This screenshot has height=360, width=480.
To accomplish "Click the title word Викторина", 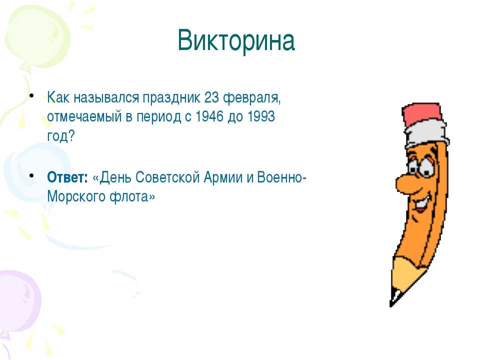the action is (x=236, y=40).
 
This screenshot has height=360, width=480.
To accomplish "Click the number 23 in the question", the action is (x=211, y=97).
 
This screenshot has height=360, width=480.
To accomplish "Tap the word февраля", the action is (x=251, y=98).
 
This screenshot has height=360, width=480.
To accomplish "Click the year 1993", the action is (x=261, y=116).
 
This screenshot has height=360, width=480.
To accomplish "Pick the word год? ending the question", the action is (x=61, y=135).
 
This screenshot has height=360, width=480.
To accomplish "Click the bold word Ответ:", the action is (x=67, y=177).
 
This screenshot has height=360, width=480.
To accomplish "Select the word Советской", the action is (x=167, y=177).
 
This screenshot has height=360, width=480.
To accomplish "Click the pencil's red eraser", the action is (x=422, y=114).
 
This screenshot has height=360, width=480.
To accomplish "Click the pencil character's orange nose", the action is (x=404, y=183).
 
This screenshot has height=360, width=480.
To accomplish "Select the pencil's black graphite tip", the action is (x=393, y=298).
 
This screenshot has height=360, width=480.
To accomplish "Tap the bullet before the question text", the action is (x=31, y=95).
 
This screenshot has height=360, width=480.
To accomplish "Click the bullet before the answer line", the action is (x=31, y=175).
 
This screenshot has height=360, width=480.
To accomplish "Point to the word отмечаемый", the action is (x=84, y=116).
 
